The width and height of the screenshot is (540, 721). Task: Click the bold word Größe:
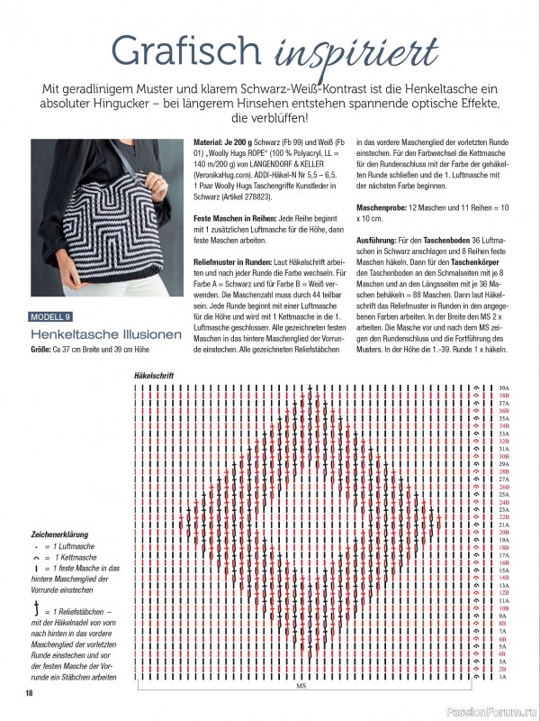[x=42, y=348]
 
